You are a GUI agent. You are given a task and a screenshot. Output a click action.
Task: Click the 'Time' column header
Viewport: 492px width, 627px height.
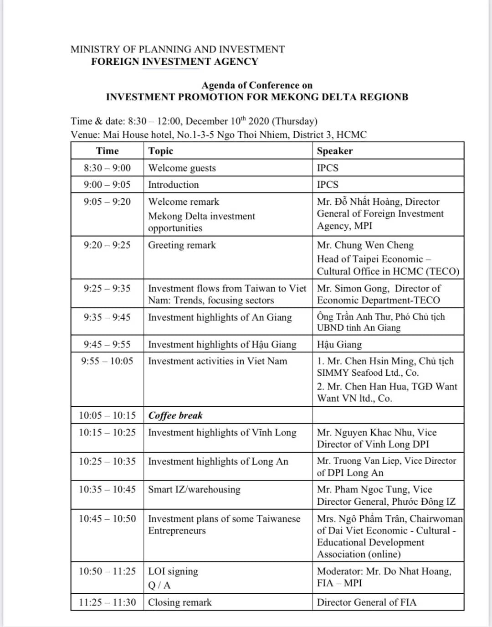point(107,151)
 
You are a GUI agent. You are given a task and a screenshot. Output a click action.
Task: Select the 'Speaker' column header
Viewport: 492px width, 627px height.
point(335,151)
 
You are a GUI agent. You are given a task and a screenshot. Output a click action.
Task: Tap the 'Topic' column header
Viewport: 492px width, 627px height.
point(161,151)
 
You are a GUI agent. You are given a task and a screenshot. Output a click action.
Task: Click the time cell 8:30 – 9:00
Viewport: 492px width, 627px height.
point(107,168)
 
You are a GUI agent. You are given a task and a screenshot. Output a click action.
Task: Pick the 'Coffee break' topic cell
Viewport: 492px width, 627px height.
point(175,415)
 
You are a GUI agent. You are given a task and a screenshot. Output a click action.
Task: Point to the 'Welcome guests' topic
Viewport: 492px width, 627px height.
point(182,168)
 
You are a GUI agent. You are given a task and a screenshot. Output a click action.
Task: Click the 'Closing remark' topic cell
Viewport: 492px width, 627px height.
point(180,602)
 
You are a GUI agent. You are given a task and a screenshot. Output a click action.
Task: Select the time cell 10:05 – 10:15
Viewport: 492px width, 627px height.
point(107,415)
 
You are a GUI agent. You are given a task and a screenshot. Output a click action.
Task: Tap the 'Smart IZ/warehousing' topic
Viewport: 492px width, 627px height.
point(194,489)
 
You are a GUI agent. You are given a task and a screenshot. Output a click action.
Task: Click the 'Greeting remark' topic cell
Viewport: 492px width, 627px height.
point(182,245)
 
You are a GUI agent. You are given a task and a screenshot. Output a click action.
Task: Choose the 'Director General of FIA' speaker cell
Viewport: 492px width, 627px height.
point(367,602)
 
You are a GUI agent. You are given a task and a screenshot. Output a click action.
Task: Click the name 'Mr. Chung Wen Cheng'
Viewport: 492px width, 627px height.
point(365,245)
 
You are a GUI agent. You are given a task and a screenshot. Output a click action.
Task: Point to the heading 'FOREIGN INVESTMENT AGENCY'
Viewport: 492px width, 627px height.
point(174,62)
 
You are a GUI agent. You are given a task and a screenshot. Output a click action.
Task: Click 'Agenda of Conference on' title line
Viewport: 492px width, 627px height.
point(257,85)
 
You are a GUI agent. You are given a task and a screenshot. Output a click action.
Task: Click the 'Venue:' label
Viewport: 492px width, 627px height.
point(85,135)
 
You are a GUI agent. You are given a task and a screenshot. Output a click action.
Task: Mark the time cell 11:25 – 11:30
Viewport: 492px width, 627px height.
point(107,602)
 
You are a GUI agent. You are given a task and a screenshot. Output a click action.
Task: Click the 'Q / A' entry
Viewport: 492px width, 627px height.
point(159,585)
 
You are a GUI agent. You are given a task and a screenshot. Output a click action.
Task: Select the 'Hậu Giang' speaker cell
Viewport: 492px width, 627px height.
point(339,344)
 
